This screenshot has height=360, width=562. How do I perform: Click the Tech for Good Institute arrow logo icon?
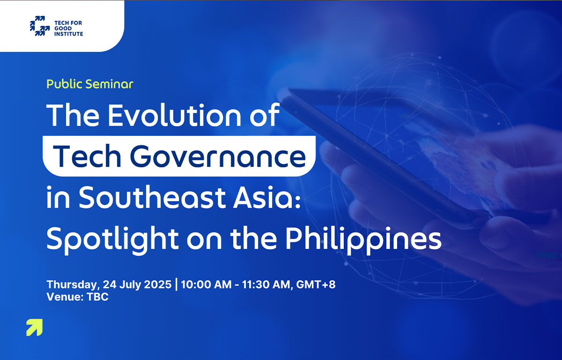pos(40,26)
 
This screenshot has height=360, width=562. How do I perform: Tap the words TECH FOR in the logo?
pos(68,23)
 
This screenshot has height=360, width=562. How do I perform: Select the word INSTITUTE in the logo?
pos(69,34)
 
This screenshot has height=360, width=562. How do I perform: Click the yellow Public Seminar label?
pos(90,84)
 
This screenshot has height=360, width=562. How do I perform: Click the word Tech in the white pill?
pos(87,156)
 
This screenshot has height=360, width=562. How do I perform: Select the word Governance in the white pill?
pos(218,156)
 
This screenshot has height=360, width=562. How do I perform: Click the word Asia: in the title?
pos(267,197)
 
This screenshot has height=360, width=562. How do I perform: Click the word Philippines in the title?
pos(363,239)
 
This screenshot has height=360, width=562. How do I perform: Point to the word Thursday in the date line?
pos(72,285)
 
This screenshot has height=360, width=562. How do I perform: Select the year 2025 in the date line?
pos(158,285)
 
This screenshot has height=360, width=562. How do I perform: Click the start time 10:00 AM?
pos(206,285)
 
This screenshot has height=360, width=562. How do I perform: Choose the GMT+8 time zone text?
pos(316,285)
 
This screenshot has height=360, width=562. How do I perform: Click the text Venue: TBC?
pos(78,297)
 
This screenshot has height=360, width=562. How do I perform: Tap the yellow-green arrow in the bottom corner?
pos(34,327)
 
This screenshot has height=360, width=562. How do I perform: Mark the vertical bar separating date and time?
pos(177,285)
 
